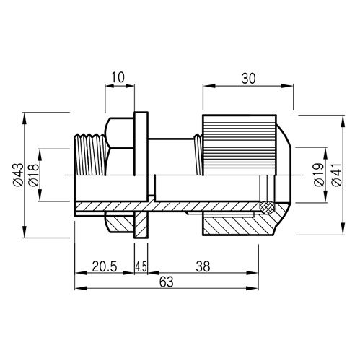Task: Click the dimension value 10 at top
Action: [118, 76]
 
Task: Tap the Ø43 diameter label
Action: [17, 175]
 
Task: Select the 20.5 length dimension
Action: [105, 266]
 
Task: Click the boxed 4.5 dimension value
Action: [141, 266]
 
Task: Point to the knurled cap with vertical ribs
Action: [238, 144]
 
